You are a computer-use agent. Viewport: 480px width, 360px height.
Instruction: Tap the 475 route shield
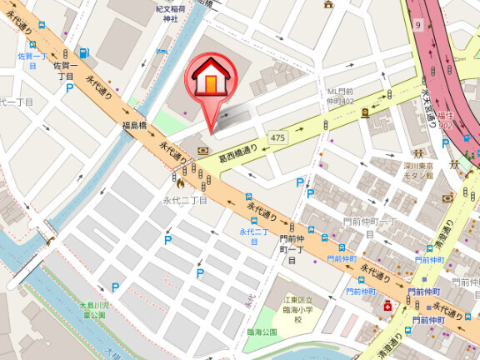coord(277,136)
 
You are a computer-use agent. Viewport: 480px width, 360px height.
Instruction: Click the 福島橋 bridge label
coord(136,126)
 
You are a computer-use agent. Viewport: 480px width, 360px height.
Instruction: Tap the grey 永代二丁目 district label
coord(185,201)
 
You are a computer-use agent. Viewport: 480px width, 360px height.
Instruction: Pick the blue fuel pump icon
coord(84,53)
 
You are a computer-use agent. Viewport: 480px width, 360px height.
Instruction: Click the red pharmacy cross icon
coord(387,307)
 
